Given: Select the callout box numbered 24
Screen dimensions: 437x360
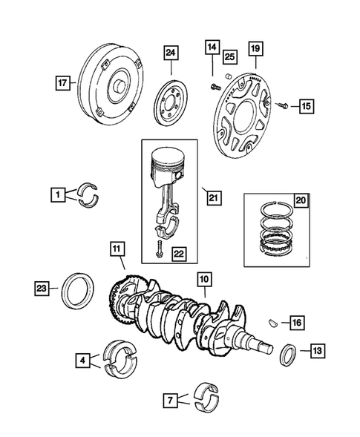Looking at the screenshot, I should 171,53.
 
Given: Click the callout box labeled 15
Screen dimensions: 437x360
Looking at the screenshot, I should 306,107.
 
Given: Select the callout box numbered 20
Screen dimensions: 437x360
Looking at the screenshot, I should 301,200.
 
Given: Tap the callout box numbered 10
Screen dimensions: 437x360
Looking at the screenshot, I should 204,280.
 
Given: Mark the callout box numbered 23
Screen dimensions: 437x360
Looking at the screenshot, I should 42,287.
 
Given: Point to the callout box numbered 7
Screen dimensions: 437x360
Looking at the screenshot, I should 171,401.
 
